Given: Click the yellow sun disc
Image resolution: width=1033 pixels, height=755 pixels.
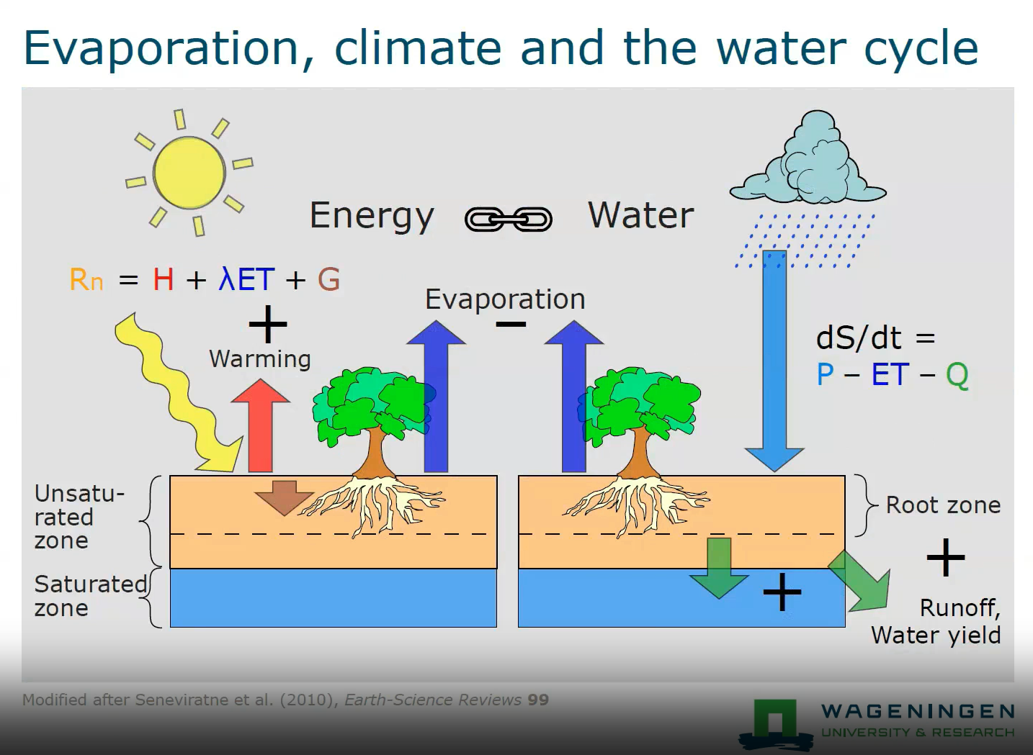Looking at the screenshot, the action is [189, 173].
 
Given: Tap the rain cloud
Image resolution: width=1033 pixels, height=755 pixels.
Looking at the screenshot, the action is [808, 159].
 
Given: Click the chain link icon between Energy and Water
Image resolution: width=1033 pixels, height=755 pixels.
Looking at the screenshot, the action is [508, 219].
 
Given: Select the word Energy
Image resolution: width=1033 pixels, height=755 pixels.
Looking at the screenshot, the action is [372, 216].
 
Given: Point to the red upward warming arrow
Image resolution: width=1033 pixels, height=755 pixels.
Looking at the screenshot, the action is [261, 425].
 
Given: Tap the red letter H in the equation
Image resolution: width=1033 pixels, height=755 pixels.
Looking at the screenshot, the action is [164, 279].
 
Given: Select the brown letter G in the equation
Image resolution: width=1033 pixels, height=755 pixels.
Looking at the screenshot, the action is [328, 279].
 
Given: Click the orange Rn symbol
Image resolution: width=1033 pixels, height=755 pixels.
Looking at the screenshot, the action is [86, 279].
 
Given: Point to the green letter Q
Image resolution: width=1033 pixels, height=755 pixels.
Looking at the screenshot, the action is [957, 376].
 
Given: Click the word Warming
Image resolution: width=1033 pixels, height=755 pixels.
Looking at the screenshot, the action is [260, 359].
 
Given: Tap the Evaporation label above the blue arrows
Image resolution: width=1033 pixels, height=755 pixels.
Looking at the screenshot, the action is [505, 299].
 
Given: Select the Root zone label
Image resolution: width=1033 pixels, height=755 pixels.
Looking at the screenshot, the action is [943, 505].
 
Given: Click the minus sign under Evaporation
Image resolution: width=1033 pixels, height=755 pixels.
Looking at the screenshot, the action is [511, 325].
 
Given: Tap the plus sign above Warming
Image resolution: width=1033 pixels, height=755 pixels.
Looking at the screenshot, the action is [268, 324].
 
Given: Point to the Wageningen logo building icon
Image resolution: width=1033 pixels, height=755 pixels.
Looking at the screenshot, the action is [776, 723].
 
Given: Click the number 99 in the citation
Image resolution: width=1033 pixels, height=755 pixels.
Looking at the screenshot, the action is [538, 700].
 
